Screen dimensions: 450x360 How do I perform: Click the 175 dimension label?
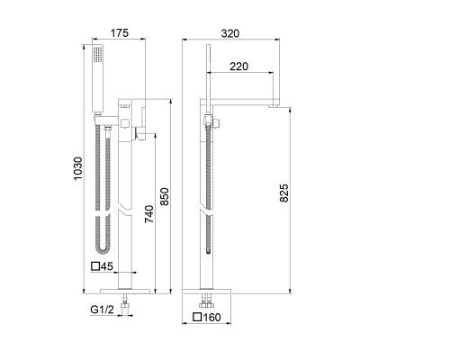pos(120,32)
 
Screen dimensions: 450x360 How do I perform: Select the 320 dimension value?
pos(230,33)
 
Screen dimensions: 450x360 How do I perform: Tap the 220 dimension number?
pos(239,67)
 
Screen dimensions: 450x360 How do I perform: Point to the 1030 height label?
pos(77,168)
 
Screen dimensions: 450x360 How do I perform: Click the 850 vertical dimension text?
pos(165,197)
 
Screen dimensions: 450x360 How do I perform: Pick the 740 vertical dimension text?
pos(149,214)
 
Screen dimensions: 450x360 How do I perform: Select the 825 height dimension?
pos(283,193)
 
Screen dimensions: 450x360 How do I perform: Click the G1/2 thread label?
pos(103,310)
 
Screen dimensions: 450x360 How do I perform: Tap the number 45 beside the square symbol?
pos(107,266)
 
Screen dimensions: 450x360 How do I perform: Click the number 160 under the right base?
pos(211,317)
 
